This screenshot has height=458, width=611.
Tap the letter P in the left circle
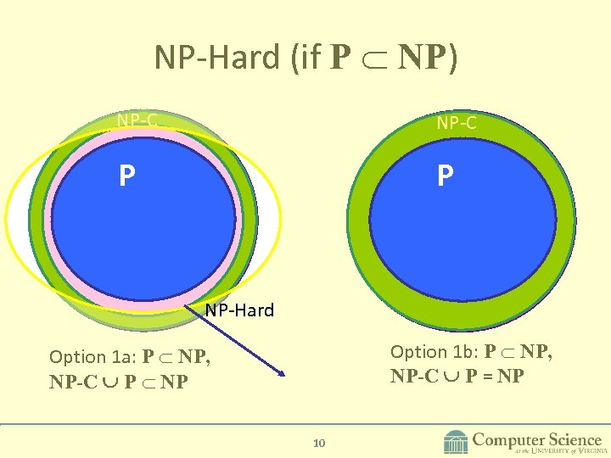(x=126, y=176)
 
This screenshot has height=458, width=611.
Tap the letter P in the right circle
(x=446, y=176)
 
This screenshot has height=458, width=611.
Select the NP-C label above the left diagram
(x=137, y=121)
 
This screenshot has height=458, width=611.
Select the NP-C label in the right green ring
(x=457, y=123)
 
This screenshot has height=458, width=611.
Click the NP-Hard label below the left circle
(x=239, y=310)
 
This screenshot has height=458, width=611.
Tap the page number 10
(x=320, y=443)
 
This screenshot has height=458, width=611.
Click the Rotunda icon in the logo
(x=456, y=442)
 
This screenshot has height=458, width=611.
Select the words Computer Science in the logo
(x=537, y=439)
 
